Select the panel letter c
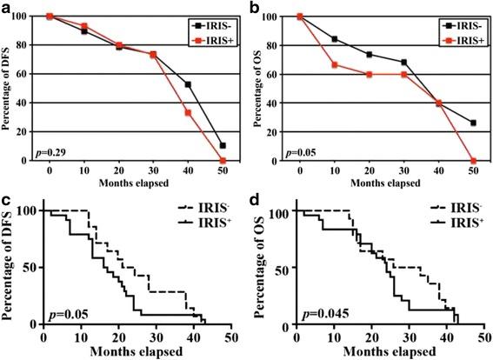[x=6, y=200]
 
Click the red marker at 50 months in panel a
[x=223, y=161]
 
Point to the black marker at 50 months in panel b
[x=472, y=123]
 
